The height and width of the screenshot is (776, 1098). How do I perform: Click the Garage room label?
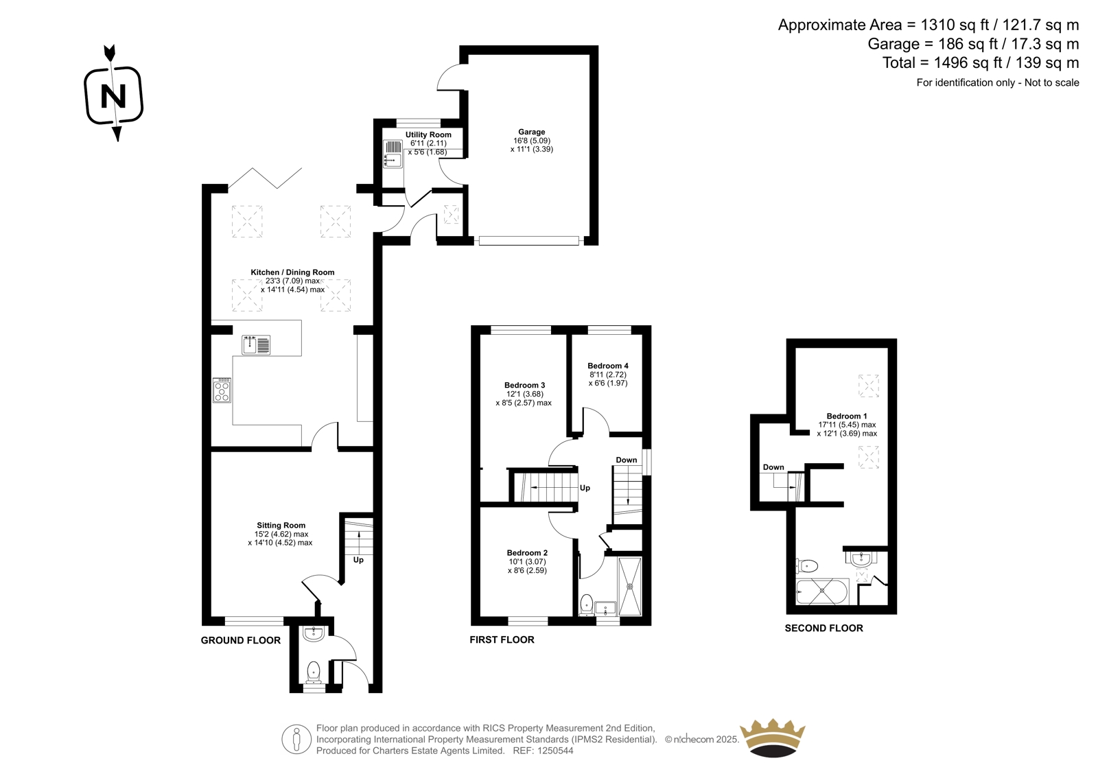click(x=531, y=132)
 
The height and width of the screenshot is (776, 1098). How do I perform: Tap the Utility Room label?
click(x=428, y=134)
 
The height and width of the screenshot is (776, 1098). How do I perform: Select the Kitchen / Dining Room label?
click(x=292, y=272)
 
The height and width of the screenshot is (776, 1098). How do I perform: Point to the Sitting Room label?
click(x=281, y=526)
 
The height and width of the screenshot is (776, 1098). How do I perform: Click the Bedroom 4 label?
click(x=608, y=366)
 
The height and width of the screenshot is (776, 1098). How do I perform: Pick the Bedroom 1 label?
click(x=847, y=416)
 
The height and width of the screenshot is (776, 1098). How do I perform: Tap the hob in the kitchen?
click(x=222, y=390)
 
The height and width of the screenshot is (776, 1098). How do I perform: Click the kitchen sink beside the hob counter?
click(x=256, y=345)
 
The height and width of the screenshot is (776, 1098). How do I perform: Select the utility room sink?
click(x=393, y=154)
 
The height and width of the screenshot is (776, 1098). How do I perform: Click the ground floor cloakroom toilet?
click(x=313, y=672)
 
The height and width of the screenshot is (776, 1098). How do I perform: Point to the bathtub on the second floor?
click(x=822, y=592)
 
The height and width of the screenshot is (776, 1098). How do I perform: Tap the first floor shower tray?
click(x=630, y=587)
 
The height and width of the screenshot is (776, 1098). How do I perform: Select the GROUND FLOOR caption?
click(x=241, y=640)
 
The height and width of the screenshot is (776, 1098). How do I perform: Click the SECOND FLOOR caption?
click(x=824, y=628)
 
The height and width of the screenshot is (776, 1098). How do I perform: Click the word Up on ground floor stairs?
click(x=358, y=560)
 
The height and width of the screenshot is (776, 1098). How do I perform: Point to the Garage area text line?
click(x=973, y=44)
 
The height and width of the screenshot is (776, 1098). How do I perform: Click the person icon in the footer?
click(x=296, y=739)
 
